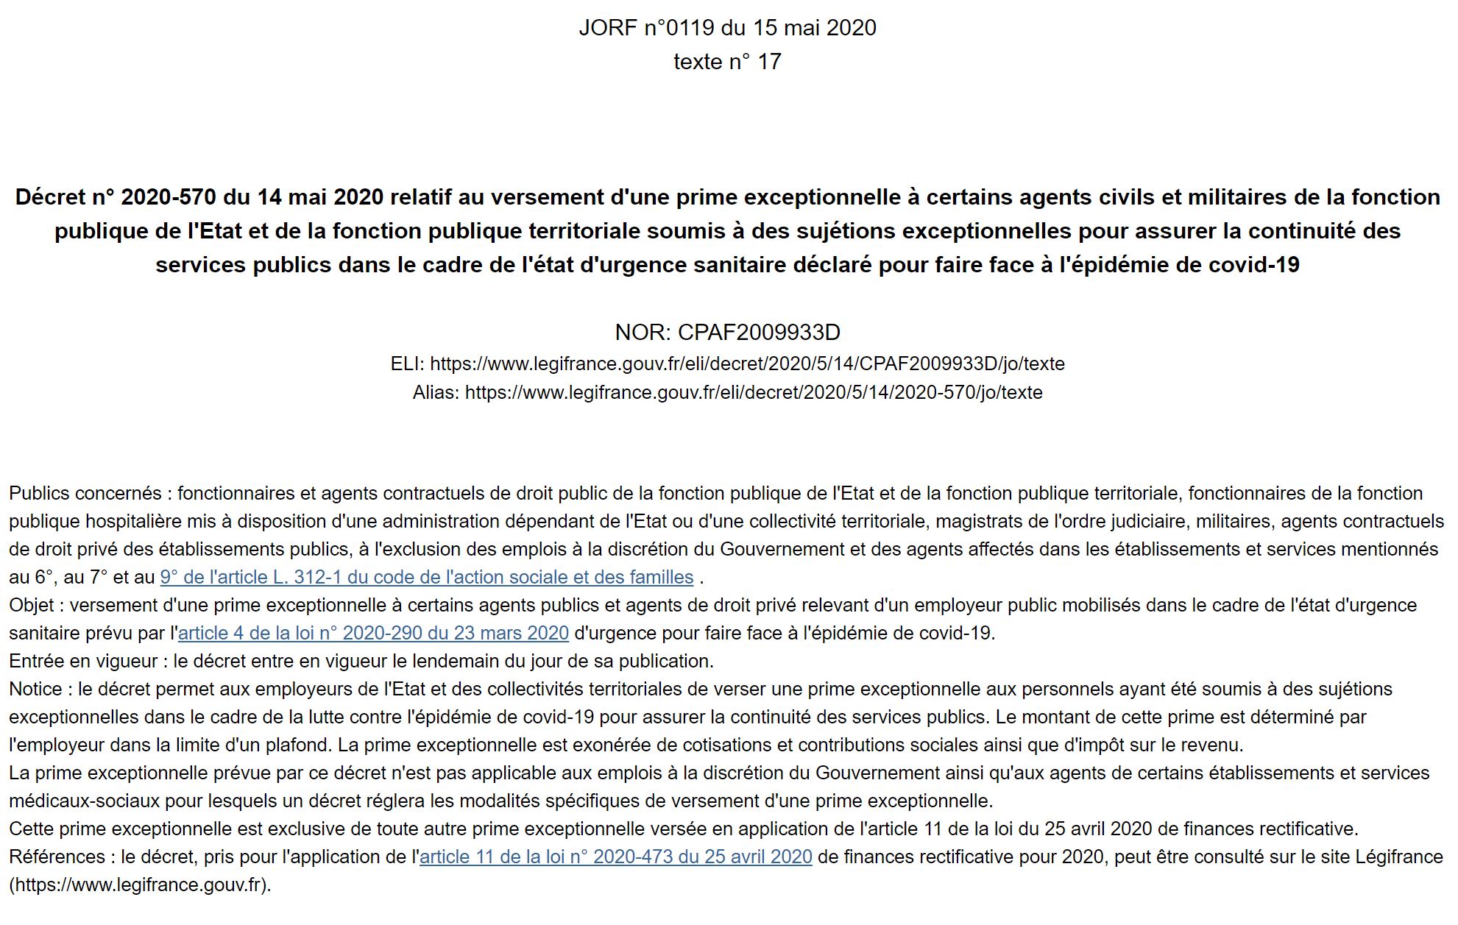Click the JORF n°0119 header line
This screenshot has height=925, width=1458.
[727, 28]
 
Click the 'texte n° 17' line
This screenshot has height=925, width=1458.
[727, 62]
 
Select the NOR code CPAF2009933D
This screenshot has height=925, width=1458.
[758, 333]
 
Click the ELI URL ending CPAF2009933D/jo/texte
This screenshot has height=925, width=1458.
[747, 364]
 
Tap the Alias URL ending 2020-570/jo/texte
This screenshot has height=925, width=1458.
[754, 393]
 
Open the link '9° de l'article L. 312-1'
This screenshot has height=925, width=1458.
[427, 578]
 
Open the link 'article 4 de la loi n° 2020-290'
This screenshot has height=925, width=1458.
[373, 634]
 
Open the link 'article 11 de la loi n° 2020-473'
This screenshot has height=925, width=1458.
[616, 857]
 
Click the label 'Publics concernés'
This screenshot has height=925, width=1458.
[85, 494]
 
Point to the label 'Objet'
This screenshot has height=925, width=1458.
[31, 606]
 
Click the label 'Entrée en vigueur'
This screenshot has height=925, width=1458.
[83, 662]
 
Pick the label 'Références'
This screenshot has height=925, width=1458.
[56, 857]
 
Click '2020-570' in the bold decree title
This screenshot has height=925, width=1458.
[169, 197]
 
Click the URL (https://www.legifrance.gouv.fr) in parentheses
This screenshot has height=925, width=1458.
[139, 885]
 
